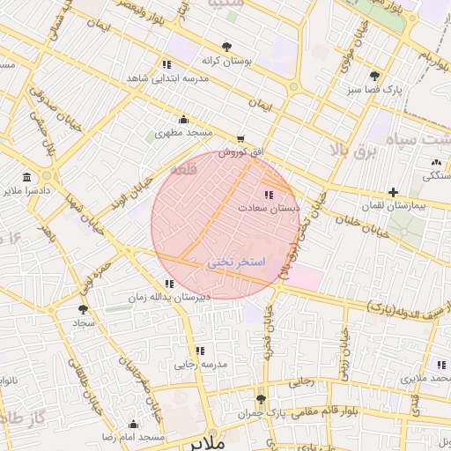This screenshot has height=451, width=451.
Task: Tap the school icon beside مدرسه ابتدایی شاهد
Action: click(166, 64)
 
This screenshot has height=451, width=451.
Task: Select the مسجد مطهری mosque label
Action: click(185, 133)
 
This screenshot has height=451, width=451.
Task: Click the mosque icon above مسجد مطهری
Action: click(183, 120)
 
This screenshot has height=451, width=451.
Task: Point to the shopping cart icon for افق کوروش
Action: click(241, 139)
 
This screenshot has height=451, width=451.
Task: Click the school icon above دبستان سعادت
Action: click(268, 195)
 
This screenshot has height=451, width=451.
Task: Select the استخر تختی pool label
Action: click(236, 262)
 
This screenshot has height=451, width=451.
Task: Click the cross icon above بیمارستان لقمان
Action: click(393, 192)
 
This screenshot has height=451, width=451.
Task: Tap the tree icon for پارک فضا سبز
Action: click(375, 76)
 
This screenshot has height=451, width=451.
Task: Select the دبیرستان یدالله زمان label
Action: click(170, 297)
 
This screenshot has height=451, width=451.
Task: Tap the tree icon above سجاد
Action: click(83, 309)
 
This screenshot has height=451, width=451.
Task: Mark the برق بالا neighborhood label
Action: click(352, 152)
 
